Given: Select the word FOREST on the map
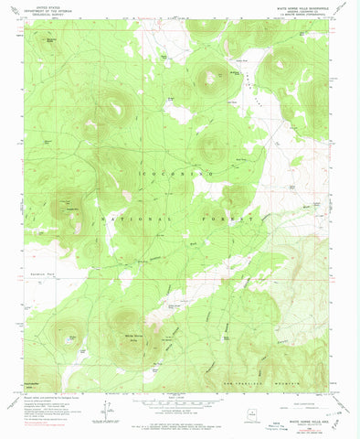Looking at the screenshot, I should click(228, 219).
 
